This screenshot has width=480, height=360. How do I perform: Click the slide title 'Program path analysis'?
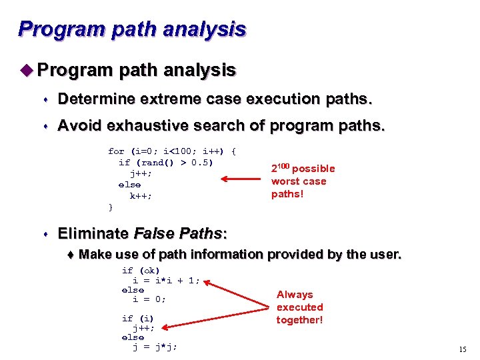tap(132, 29)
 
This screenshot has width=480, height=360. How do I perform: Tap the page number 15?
tap(463, 349)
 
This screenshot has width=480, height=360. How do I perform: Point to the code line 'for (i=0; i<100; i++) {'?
tap(172, 151)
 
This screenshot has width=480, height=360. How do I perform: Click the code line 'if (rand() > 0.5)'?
tap(165, 162)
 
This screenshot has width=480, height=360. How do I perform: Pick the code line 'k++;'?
tap(141, 196)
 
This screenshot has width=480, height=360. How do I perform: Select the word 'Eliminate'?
tap(93, 233)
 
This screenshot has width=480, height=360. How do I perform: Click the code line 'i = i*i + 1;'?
tap(166, 280)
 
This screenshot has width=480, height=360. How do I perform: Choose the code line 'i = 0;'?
tap(149, 299)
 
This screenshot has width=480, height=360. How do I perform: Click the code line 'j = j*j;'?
tap(155, 347)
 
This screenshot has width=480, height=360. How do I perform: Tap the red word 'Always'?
tap(295, 294)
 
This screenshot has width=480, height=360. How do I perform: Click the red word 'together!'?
tap(299, 320)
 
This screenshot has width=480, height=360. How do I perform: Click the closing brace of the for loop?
tap(111, 207)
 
